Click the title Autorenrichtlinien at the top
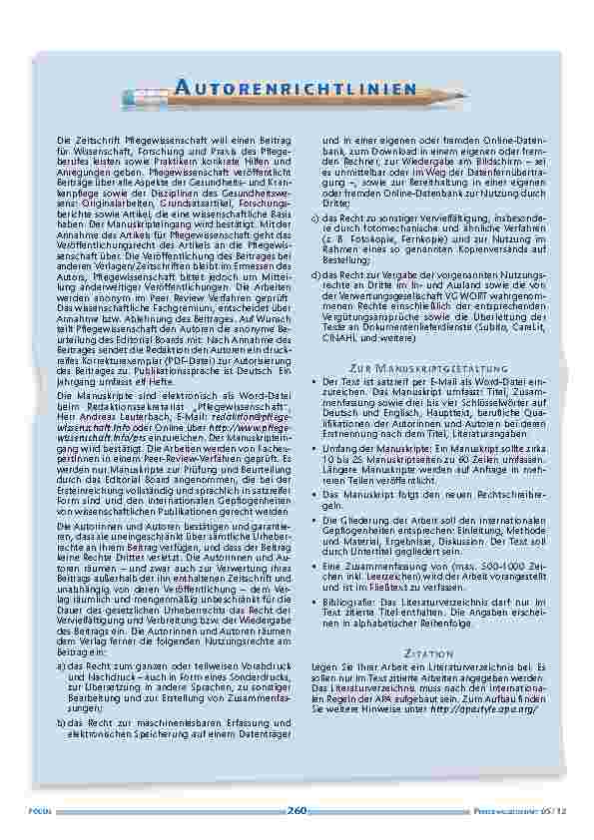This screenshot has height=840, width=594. pos(295,89)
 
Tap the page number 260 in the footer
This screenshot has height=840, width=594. pos(297,809)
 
